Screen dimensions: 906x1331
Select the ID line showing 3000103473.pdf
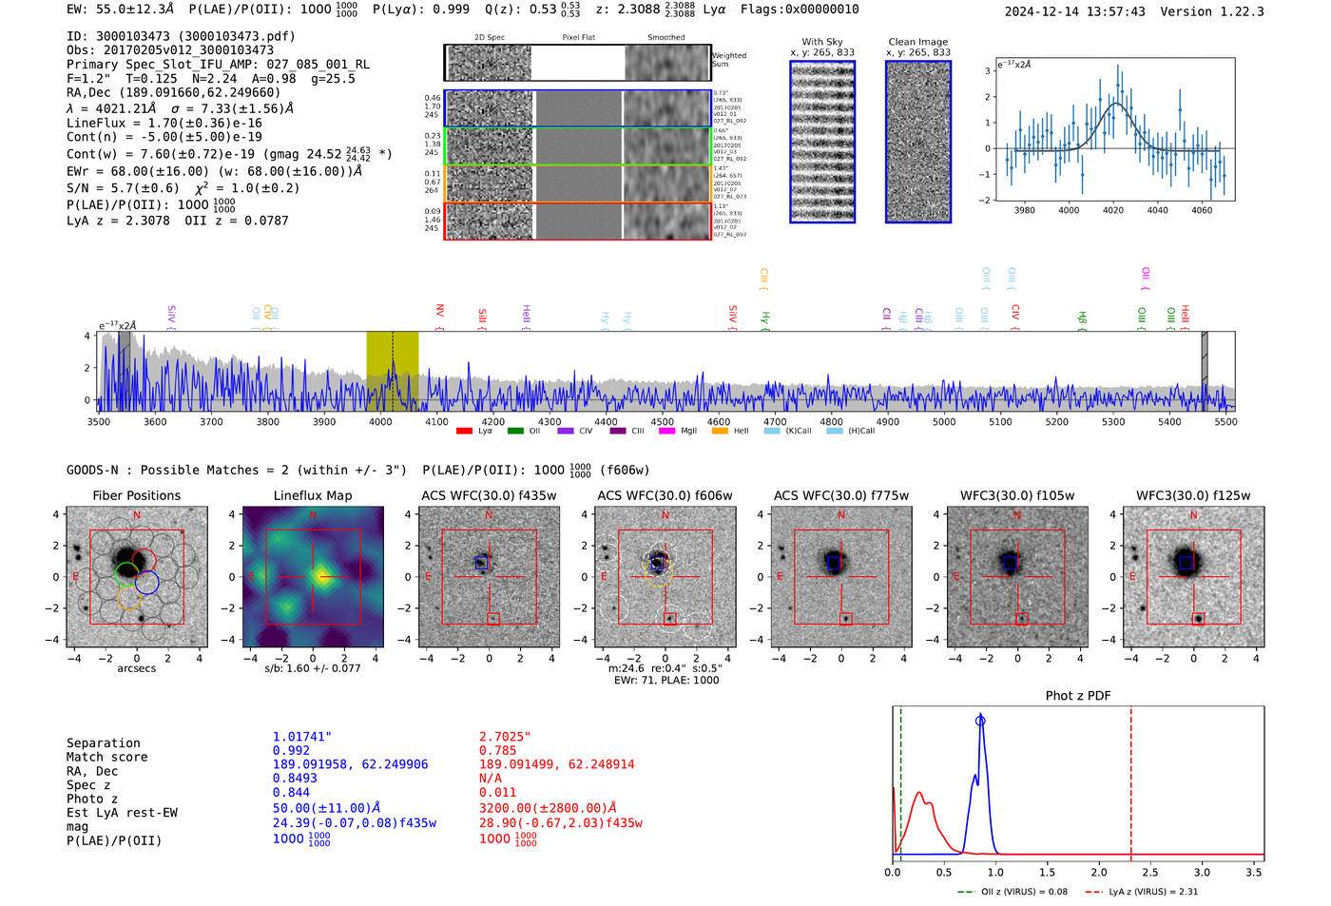pyautogui.click(x=181, y=36)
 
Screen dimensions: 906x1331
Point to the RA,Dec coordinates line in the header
pyautogui.click(x=174, y=92)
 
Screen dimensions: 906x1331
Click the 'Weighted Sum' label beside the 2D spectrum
pyautogui.click(x=729, y=60)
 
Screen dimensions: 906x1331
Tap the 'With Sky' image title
pyautogui.click(x=822, y=42)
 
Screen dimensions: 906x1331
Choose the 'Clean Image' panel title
pyautogui.click(x=918, y=42)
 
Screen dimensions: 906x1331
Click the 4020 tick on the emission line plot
pyautogui.click(x=1113, y=210)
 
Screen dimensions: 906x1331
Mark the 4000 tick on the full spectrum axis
pyautogui.click(x=380, y=422)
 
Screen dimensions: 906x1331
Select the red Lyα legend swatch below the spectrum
pyautogui.click(x=464, y=432)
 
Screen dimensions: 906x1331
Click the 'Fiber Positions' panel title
pyautogui.click(x=136, y=495)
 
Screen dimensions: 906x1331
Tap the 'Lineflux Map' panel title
pyautogui.click(x=313, y=495)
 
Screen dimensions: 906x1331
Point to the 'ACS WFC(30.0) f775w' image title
pyautogui.click(x=841, y=495)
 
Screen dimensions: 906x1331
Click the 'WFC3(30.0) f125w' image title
pyautogui.click(x=1193, y=495)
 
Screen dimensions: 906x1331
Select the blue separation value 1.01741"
pyautogui.click(x=302, y=737)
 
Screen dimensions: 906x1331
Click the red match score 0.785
pyautogui.click(x=497, y=751)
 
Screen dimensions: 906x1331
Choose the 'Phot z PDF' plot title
pyautogui.click(x=1078, y=696)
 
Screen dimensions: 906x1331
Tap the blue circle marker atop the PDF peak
pyautogui.click(x=980, y=721)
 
